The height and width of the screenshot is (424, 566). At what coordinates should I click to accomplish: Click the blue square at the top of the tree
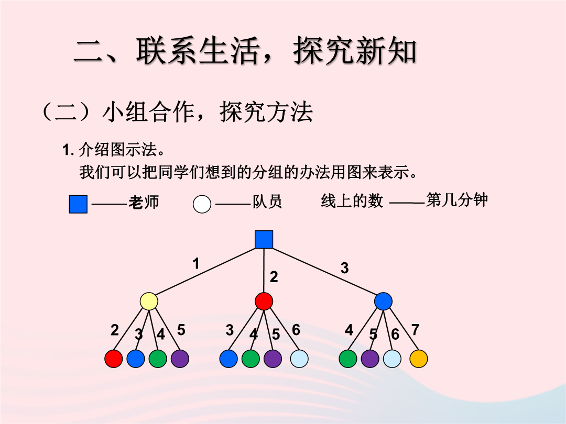264,240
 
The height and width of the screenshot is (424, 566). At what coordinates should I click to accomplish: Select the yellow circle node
149,302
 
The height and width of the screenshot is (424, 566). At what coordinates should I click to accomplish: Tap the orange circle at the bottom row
419,359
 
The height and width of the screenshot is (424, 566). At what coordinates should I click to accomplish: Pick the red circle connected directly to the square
264,302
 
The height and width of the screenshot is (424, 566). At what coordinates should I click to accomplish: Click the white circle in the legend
202,204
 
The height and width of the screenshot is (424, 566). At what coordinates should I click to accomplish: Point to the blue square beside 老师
78,204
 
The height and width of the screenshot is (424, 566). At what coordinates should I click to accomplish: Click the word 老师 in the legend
144,202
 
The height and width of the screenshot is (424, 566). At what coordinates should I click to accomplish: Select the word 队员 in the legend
267,202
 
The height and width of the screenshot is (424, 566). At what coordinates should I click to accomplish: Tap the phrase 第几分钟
457,200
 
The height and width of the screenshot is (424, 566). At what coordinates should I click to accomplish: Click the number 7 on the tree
415,330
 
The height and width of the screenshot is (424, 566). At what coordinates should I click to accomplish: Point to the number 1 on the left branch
196,263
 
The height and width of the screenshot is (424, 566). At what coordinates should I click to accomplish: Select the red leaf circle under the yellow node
114,359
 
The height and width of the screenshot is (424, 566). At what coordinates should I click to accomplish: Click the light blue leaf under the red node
299,359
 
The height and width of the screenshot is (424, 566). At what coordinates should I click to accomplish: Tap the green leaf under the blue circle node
348,359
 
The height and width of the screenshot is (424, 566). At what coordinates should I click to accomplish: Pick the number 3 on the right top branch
345,268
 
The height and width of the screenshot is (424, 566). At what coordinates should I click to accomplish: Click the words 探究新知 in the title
355,51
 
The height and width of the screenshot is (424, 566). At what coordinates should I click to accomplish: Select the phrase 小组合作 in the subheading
148,112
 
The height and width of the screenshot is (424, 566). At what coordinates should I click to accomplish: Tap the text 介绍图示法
117,150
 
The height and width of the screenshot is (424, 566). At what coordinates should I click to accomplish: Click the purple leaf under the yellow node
180,359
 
